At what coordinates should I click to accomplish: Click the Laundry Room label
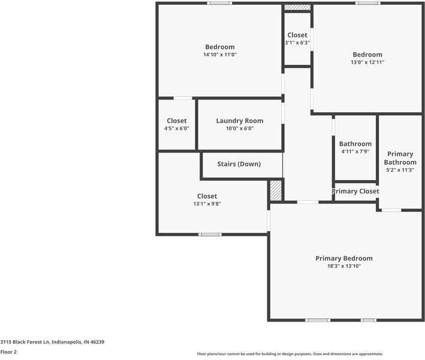click(239, 121)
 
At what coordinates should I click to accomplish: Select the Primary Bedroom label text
click(343, 258)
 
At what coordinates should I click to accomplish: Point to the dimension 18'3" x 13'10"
click(343, 266)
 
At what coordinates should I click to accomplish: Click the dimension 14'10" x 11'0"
click(219, 55)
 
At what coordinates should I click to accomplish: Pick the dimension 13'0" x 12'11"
click(367, 62)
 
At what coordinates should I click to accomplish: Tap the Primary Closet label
click(355, 191)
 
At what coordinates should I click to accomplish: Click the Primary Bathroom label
click(400, 158)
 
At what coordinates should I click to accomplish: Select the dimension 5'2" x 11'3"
click(400, 170)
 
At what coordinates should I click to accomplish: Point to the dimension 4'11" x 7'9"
click(355, 152)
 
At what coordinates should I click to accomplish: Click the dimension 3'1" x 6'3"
click(297, 43)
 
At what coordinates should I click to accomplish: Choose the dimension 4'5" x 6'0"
click(177, 128)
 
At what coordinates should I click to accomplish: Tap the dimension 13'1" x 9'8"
click(207, 204)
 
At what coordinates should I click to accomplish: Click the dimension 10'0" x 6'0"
click(239, 128)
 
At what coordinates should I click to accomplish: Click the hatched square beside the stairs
click(275, 191)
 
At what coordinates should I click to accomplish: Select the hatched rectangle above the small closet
click(297, 8)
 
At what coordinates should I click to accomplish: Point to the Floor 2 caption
click(8, 352)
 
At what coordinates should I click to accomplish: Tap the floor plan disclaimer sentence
click(290, 354)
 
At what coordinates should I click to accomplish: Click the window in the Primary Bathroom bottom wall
click(391, 210)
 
